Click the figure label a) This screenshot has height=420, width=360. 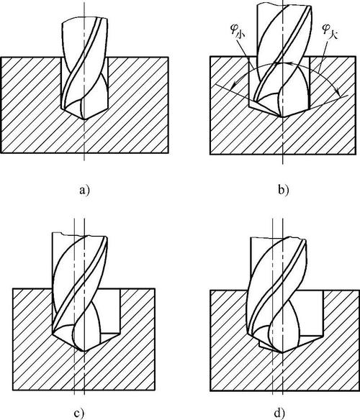84,191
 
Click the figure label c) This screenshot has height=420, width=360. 79,414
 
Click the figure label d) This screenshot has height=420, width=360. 279,414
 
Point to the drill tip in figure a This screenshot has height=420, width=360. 84,119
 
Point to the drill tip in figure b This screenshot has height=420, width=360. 282,117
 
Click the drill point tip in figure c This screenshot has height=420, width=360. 84,351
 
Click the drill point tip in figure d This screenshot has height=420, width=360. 282,352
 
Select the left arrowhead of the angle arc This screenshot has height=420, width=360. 233,86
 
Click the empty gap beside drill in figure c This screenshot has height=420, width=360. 110,311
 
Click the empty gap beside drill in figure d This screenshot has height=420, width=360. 310,313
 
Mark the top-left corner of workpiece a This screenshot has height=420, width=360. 1,57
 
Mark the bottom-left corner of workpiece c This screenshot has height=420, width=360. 13,390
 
